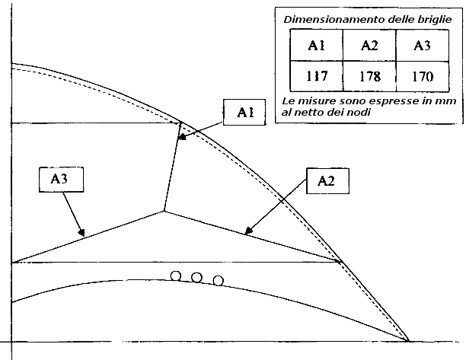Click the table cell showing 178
369,76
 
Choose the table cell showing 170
421,76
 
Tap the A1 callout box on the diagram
244,113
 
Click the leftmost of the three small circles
176,276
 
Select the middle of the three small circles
196,277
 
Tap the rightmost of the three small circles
219,280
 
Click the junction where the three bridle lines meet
164,210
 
